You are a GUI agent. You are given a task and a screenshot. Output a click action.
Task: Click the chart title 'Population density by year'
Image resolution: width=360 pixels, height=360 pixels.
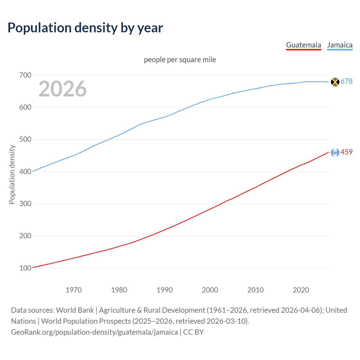[x=85, y=28]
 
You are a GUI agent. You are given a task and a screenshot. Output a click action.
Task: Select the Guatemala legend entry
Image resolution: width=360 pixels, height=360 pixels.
[x=303, y=45]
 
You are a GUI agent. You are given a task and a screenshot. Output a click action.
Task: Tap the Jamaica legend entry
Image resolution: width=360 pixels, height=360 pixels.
[x=340, y=45]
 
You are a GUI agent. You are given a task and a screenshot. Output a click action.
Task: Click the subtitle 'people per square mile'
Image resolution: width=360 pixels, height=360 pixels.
[x=180, y=60]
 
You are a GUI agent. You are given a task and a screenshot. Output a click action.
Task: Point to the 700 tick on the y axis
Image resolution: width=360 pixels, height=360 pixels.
[x=25, y=75]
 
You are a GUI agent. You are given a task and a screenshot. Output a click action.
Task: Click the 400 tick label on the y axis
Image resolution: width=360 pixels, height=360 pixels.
[x=25, y=172]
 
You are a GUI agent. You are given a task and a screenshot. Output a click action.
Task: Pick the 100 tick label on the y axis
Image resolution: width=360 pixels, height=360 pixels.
[x=25, y=268]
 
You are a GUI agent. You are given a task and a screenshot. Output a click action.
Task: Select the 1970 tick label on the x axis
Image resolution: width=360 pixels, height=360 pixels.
[x=74, y=290]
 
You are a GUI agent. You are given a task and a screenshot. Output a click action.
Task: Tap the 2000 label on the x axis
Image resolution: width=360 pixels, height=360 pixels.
[x=210, y=290]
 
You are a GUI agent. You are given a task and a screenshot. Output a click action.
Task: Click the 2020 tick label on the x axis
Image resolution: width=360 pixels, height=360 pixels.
[x=301, y=290]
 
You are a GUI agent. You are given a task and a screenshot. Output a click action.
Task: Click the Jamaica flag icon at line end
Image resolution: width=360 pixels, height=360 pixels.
[x=335, y=82]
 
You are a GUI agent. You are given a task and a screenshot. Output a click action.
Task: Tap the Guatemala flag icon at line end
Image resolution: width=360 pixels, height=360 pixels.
[x=335, y=152]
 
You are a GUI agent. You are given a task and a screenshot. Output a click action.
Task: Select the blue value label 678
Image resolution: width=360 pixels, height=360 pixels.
[x=346, y=81]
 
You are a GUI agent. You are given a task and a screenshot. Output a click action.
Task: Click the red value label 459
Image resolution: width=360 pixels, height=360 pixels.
[x=346, y=152]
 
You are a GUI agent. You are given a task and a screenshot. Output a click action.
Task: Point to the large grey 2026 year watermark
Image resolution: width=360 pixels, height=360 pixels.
[x=62, y=89]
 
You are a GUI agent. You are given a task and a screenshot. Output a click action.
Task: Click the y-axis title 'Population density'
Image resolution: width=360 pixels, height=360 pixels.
[x=12, y=174]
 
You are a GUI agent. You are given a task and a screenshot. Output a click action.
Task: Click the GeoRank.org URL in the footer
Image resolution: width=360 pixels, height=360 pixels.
[x=94, y=332]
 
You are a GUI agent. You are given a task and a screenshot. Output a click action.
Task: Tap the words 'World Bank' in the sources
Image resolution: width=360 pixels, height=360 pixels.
[x=75, y=310]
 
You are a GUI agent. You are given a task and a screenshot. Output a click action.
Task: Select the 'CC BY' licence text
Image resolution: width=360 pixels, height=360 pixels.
[x=193, y=332]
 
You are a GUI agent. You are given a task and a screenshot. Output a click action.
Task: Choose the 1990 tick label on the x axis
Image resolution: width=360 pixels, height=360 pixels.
[x=165, y=290]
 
